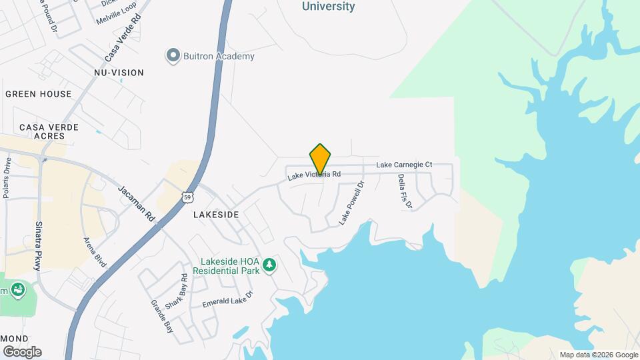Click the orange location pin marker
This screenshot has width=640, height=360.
321,159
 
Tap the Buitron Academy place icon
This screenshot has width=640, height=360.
173,55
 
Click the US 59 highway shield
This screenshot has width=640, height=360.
188,197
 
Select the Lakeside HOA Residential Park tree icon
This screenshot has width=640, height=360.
269,265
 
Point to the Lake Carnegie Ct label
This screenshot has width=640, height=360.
404,164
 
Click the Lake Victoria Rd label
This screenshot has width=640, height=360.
314,175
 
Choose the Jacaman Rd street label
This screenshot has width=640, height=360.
136,204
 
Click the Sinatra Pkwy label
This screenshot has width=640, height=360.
39,245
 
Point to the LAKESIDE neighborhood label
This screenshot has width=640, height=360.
215,215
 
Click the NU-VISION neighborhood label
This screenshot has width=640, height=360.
119,72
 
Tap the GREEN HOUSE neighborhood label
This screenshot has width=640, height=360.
38,94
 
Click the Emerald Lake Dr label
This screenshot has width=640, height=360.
228,299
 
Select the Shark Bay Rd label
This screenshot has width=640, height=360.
175,291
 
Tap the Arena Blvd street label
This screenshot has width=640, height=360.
95,252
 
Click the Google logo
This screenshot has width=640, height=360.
22,352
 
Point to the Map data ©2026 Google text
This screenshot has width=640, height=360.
599,355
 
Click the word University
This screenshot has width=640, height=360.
329,6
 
